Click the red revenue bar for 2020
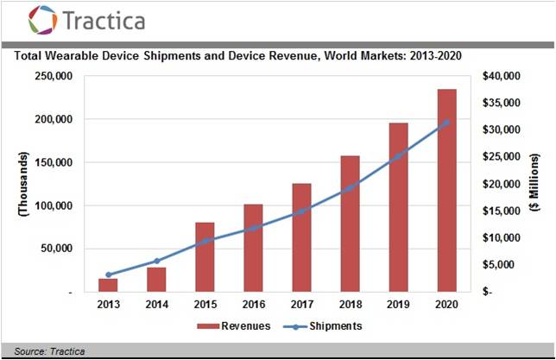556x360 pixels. pyautogui.click(x=446, y=190)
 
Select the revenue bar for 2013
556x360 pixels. pyautogui.click(x=108, y=285)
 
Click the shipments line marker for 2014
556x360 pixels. pyautogui.click(x=156, y=261)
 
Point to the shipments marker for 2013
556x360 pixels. pyautogui.click(x=108, y=275)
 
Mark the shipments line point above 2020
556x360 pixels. pyautogui.click(x=446, y=123)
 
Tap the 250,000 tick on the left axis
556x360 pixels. pyautogui.click(x=52, y=76)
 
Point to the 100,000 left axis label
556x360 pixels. pyautogui.click(x=52, y=206)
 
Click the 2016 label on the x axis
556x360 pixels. pyautogui.click(x=253, y=304)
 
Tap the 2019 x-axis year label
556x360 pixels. pyautogui.click(x=398, y=304)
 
